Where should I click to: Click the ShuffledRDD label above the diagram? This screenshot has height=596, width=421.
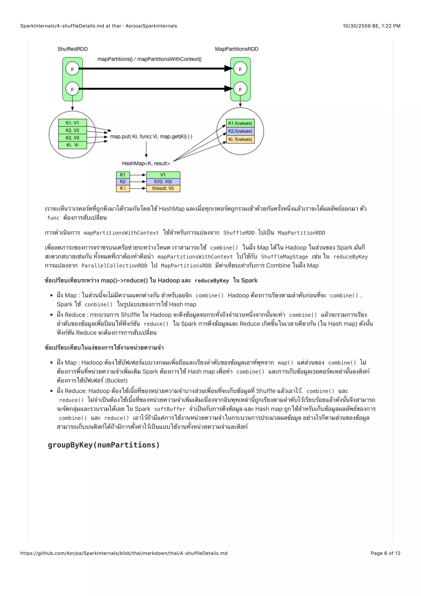72,49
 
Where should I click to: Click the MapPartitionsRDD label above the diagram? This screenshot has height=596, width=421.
236,49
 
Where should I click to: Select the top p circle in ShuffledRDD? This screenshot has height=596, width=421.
72,69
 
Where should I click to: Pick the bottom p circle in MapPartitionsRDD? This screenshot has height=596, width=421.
240,89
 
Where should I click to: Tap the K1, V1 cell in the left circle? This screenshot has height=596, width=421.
72,123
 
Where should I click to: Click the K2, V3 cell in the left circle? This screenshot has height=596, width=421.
72,138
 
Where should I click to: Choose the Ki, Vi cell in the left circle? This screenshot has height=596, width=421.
72,145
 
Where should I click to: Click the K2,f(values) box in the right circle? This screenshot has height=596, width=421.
240,131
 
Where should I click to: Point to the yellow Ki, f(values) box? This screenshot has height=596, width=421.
240,139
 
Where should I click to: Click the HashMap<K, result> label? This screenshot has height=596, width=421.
146,163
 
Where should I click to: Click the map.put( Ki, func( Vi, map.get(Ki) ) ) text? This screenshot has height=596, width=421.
151,136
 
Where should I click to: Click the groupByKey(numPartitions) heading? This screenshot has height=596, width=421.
104,445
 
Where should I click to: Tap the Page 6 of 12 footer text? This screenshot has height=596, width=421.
385,553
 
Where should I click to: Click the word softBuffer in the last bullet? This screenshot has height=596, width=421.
170,409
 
